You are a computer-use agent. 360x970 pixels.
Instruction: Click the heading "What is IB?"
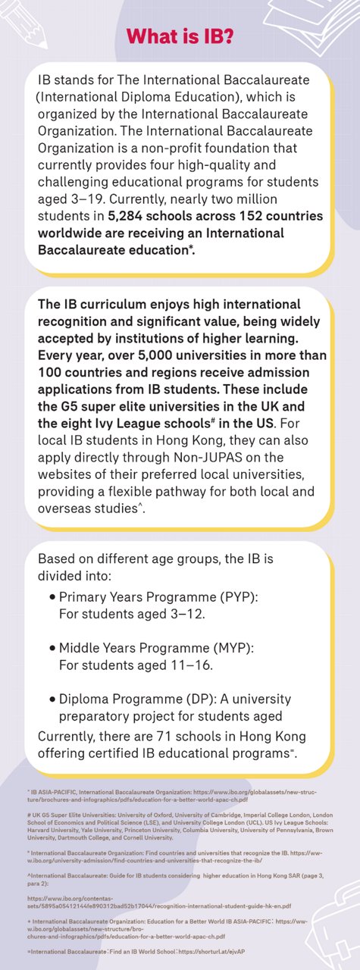[x=180, y=36]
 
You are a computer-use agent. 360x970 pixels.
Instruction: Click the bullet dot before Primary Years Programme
[x=52, y=596]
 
